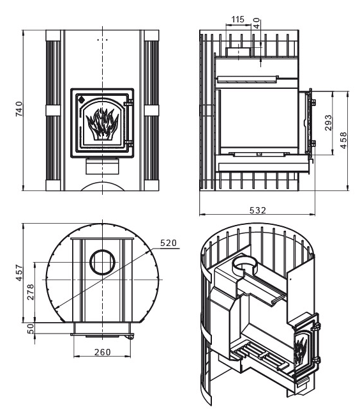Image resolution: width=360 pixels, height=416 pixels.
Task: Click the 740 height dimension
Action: coord(19,109)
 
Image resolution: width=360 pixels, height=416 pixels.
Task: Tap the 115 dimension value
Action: coord(238,19)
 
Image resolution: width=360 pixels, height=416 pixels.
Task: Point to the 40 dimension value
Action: coord(257,23)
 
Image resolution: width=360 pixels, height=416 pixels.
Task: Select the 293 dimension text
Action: coord(329,123)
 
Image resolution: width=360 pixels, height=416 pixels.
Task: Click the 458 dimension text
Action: coord(343,141)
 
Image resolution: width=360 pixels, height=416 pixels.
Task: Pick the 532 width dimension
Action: coord(257,210)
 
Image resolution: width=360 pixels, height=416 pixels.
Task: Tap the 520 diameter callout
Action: coord(168,243)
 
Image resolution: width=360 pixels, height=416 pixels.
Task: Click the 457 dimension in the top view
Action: coord(19,272)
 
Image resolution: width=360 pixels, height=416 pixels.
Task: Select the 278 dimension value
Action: coord(31,292)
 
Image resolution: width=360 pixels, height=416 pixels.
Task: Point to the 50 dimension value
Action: coord(31,328)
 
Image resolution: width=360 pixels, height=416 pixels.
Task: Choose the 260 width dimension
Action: coord(102,352)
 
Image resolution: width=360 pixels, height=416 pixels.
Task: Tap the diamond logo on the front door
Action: coord(82,100)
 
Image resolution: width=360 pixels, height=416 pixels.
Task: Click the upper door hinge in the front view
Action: coord(129,102)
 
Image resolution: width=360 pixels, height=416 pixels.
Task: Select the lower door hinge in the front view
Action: coord(129,143)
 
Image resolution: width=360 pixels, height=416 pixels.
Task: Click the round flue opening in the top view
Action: coord(103,263)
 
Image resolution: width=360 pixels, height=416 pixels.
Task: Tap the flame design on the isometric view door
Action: coord(301,350)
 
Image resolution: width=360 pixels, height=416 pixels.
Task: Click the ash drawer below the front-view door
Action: coord(102,166)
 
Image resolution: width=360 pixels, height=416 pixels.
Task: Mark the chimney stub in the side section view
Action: coord(238,52)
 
